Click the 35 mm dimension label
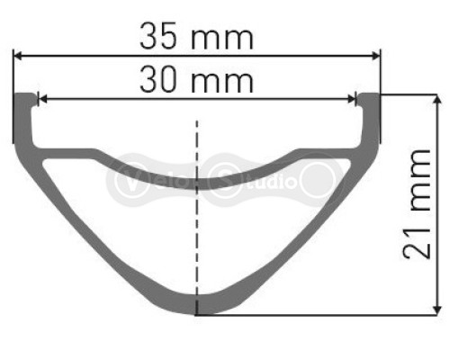click(196, 37)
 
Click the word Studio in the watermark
click(256, 179)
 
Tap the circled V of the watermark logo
click(125, 179)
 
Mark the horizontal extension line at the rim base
click(315, 315)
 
